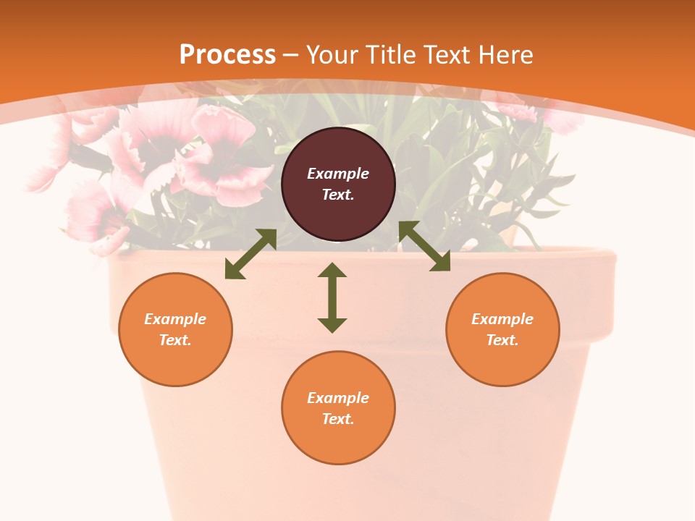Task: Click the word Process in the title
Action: click(x=227, y=55)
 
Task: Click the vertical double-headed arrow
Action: click(x=332, y=297)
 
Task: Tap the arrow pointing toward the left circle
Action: click(x=250, y=254)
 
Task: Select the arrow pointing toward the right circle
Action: click(x=424, y=246)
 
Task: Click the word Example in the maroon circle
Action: click(x=338, y=174)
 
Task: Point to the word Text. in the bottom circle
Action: click(x=338, y=419)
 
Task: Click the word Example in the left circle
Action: click(x=175, y=319)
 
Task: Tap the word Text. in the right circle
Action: click(x=502, y=340)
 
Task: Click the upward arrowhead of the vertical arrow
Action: click(x=332, y=270)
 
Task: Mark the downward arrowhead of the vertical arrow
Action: click(x=332, y=325)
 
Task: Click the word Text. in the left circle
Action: click(x=175, y=340)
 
